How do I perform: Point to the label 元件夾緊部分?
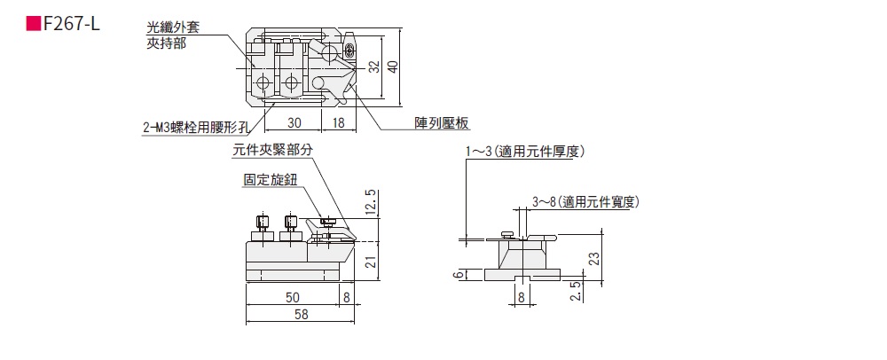pos(272,151)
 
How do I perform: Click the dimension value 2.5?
pos(577,292)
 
